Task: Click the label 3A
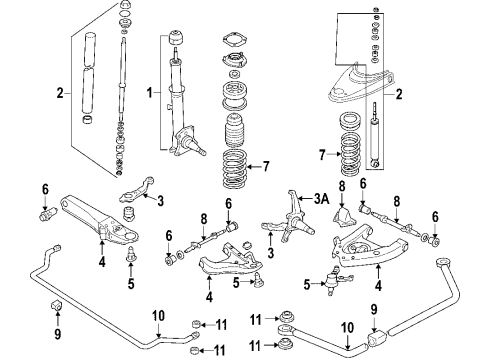[x=321, y=199]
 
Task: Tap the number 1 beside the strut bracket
[x=150, y=93]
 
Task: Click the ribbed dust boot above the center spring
[x=235, y=131]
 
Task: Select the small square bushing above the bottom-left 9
[x=57, y=305]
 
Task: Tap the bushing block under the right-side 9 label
[x=377, y=337]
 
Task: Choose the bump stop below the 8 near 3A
[x=344, y=217]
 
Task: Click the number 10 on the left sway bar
[x=159, y=315]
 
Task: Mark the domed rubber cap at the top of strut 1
[x=176, y=37]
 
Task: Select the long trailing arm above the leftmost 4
[x=99, y=218]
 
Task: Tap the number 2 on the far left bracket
[x=60, y=93]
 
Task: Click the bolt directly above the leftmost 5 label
[x=131, y=253]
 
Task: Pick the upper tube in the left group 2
[x=90, y=49]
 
